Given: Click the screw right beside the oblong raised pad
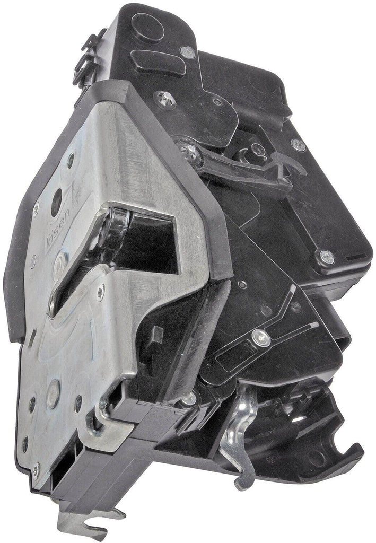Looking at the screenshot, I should pyautogui.click(x=188, y=52).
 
